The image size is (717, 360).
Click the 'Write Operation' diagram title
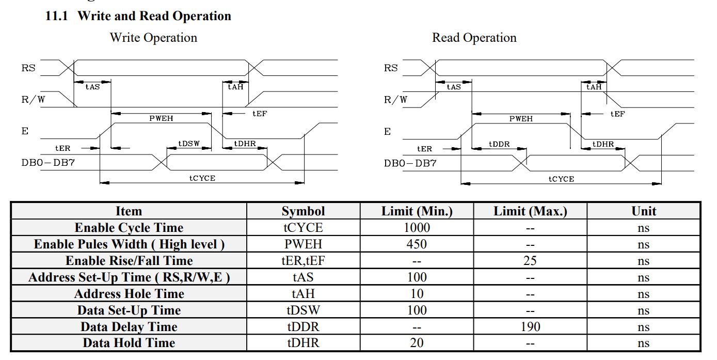[153, 38]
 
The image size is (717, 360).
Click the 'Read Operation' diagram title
[474, 38]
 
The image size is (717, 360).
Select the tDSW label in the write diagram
[189, 144]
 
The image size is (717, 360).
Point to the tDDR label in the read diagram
[499, 144]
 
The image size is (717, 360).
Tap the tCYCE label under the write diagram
[202, 178]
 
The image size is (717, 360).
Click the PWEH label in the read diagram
[521, 119]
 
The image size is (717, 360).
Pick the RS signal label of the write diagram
[29, 68]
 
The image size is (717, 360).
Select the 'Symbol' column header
[303, 211]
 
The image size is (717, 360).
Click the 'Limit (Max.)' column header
[530, 211]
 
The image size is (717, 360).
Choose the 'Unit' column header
[644, 211]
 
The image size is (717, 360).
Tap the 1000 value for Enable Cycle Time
[417, 228]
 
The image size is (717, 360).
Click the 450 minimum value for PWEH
[417, 244]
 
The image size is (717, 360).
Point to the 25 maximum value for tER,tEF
[530, 261]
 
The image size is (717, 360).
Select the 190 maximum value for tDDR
[530, 326]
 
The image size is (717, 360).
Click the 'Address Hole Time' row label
[129, 294]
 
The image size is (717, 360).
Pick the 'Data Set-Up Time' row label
[129, 310]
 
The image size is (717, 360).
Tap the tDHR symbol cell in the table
[303, 343]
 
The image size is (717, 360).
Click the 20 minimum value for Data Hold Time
[417, 343]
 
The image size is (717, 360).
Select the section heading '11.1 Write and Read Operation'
[138, 16]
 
